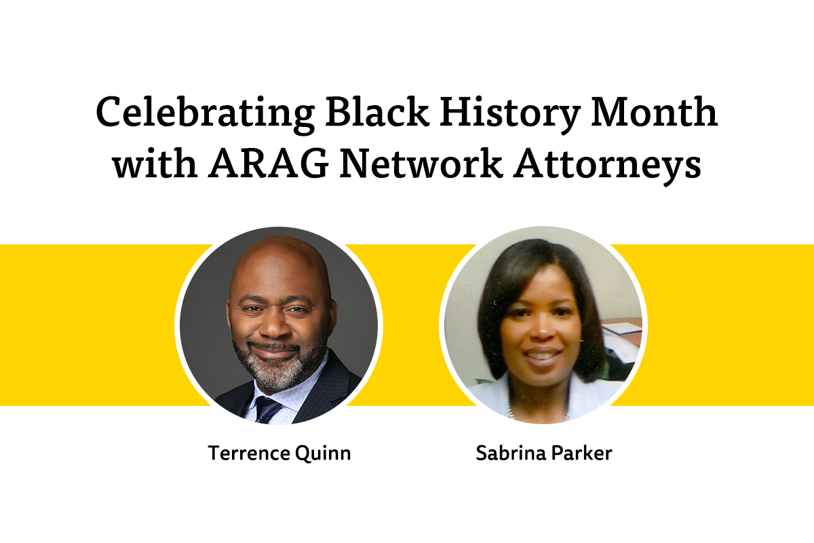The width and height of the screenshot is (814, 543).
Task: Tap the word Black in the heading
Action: (377, 111)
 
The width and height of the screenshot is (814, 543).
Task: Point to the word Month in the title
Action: (654, 111)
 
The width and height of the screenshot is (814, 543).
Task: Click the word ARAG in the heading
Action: (268, 164)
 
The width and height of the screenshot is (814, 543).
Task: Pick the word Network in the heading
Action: (421, 164)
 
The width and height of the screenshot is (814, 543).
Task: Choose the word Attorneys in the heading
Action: (607, 167)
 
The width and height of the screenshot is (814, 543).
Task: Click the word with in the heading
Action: (155, 164)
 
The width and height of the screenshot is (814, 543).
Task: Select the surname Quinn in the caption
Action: (323, 453)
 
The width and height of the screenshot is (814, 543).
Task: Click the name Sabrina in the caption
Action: (511, 453)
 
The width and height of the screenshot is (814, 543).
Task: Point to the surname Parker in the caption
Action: (582, 453)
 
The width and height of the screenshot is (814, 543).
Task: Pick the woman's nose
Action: (543, 329)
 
